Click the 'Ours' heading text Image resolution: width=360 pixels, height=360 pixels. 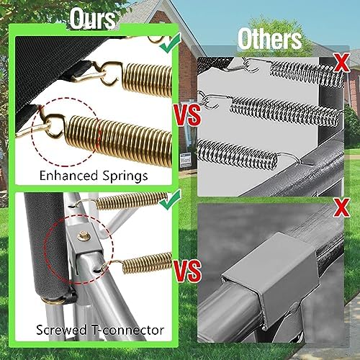(x=93, y=19)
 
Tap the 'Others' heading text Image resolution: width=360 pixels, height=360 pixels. (x=270, y=39)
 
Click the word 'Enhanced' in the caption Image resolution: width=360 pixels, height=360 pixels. (x=68, y=176)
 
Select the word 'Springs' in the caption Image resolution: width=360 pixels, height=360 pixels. (x=125, y=176)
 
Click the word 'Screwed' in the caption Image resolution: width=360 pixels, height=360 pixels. (x=61, y=330)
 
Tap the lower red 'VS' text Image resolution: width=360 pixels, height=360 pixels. (x=188, y=271)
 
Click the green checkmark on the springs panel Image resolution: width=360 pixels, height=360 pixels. (x=171, y=42)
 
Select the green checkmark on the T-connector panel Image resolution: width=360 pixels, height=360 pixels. (x=171, y=199)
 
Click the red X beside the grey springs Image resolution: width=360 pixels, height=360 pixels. (x=342, y=63)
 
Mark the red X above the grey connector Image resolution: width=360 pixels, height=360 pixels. (x=342, y=208)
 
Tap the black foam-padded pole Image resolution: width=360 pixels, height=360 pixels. (x=46, y=245)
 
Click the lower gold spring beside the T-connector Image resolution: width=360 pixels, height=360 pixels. (x=147, y=264)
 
